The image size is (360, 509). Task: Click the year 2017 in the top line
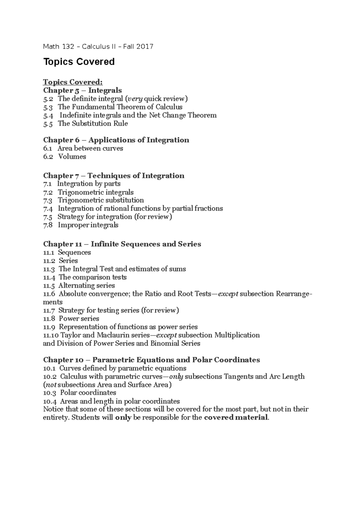pyautogui.click(x=145, y=46)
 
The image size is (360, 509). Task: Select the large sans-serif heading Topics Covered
pyautogui.click(x=79, y=62)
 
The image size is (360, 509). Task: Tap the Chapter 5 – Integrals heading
pyautogui.click(x=82, y=90)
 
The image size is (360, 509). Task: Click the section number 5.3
pyautogui.click(x=48, y=107)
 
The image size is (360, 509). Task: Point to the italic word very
pyautogui.click(x=135, y=99)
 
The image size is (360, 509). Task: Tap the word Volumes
pyautogui.click(x=72, y=156)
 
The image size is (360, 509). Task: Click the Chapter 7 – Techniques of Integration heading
pyautogui.click(x=114, y=176)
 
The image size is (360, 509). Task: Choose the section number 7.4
pyautogui.click(x=48, y=208)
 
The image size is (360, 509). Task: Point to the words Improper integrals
pyautogui.click(x=88, y=225)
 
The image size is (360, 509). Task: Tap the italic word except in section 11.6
pyautogui.click(x=228, y=294)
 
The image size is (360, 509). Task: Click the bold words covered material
pyautogui.click(x=235, y=418)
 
